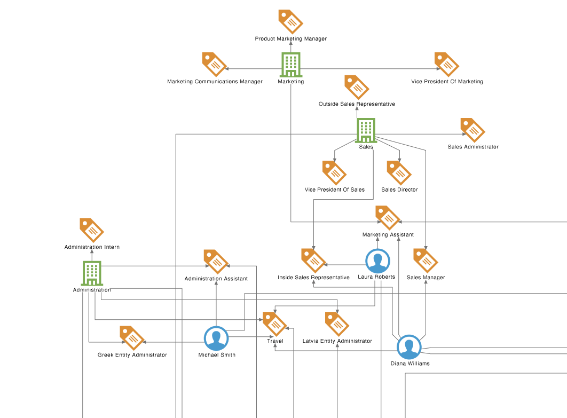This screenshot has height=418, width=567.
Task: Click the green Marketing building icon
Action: tap(290, 65)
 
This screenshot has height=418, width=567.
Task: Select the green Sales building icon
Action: tap(366, 130)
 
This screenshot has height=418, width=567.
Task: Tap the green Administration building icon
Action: tap(92, 273)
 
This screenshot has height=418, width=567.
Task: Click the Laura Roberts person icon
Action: tap(377, 261)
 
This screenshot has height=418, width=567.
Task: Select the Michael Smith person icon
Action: tap(216, 338)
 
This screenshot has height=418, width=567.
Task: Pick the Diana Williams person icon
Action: tap(409, 348)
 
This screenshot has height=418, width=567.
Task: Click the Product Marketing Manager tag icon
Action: tap(290, 21)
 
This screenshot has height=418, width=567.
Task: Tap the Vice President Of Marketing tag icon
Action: tap(447, 65)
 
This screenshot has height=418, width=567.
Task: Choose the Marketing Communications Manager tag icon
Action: tap(215, 65)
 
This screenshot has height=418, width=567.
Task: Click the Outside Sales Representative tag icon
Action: tap(357, 87)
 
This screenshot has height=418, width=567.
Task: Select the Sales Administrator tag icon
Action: tap(472, 130)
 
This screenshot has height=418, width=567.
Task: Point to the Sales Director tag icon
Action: tap(399, 173)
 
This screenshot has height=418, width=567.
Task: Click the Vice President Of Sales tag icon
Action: tap(334, 173)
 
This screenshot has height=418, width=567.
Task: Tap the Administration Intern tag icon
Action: tap(92, 230)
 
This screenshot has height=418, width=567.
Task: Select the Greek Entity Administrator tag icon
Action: tap(132, 338)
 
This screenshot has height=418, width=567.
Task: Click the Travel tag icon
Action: tap(275, 324)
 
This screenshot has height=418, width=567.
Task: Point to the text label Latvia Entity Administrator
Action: tap(337, 341)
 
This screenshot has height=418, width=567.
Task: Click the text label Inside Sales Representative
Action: tap(313, 278)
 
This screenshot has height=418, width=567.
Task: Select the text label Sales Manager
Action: tap(426, 278)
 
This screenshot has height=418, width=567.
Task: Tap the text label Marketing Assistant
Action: tap(388, 235)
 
